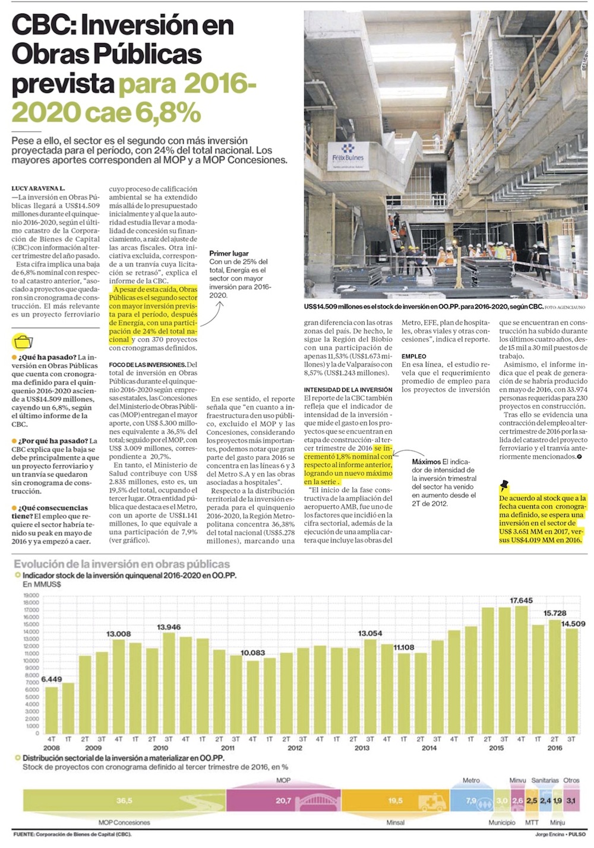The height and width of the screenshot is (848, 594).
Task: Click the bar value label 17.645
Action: [x=521, y=601]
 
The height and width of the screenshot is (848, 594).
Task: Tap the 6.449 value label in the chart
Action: [x=52, y=679]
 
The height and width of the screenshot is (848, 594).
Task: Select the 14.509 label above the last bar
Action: [x=573, y=623]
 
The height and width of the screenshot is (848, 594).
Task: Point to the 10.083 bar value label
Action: [x=252, y=652]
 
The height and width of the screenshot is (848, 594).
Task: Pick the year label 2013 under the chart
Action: [x=362, y=748]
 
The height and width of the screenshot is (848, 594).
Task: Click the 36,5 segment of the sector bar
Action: [x=124, y=800]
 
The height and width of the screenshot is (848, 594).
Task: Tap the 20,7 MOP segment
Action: [x=283, y=800]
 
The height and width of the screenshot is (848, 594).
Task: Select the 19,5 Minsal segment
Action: [x=395, y=800]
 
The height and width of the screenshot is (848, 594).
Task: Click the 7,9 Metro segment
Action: [x=471, y=800]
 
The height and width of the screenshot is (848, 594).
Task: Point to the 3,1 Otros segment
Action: [x=571, y=800]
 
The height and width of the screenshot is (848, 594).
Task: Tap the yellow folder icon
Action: [x=23, y=342]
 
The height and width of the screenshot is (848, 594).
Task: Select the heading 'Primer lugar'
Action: [x=229, y=253]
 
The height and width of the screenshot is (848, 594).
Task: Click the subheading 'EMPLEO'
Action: [x=413, y=356]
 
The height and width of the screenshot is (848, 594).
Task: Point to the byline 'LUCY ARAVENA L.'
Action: [x=39, y=188]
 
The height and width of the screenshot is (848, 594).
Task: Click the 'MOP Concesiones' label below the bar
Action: [x=124, y=822]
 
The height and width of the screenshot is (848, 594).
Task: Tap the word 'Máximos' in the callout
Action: [x=426, y=462]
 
